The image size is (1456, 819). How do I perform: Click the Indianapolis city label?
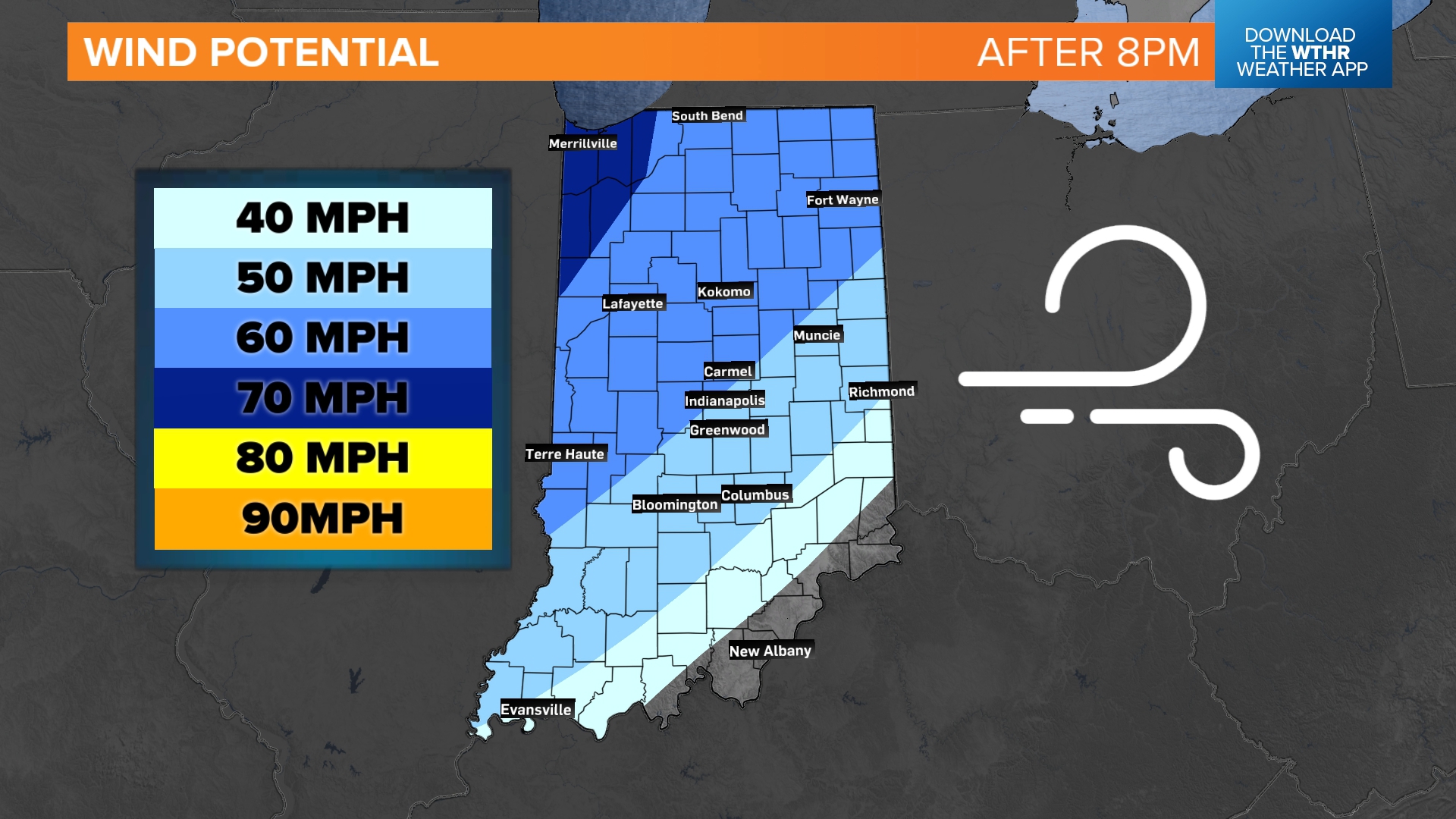pyautogui.click(x=724, y=400)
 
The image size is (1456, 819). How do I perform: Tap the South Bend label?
pyautogui.click(x=707, y=115)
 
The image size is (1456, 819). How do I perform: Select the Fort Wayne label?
pyautogui.click(x=842, y=199)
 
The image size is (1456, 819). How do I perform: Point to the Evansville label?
pyautogui.click(x=535, y=710)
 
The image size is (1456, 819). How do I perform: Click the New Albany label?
pyautogui.click(x=770, y=651)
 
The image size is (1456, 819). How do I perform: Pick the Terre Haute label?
pyautogui.click(x=565, y=453)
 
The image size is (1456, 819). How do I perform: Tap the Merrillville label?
pyautogui.click(x=582, y=143)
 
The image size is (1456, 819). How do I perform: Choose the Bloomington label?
pyautogui.click(x=674, y=504)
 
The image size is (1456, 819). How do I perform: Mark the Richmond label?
pyautogui.click(x=881, y=391)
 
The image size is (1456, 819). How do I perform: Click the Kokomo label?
pyautogui.click(x=723, y=291)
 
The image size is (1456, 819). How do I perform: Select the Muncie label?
pyautogui.click(x=817, y=335)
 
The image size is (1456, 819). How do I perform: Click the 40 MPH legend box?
pyautogui.click(x=322, y=218)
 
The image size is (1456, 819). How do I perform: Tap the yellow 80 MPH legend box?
pyautogui.click(x=322, y=458)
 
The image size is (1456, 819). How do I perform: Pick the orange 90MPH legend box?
pyautogui.click(x=322, y=519)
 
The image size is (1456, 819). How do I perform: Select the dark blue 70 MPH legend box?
pyautogui.click(x=322, y=397)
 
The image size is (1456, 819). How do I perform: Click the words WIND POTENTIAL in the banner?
pyautogui.click(x=261, y=52)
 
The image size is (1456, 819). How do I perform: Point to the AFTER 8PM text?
pyautogui.click(x=1088, y=52)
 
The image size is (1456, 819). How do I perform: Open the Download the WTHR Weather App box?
pyautogui.click(x=1302, y=52)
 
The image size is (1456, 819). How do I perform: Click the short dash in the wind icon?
pyautogui.click(x=1046, y=416)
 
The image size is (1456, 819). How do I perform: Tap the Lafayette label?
pyautogui.click(x=632, y=303)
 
